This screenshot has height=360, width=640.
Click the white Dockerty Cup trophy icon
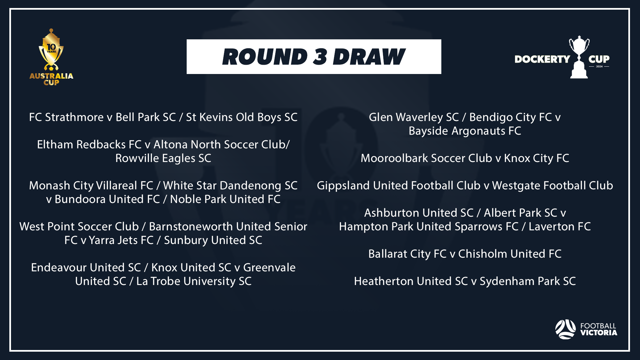(579, 57)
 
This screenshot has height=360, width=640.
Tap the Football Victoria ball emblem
(565, 329)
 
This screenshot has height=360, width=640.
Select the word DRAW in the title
(369, 57)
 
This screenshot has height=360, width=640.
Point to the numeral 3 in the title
(320, 57)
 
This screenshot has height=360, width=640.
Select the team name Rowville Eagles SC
(163, 158)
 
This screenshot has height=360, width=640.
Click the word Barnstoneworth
(191, 227)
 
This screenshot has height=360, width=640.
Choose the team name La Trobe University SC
(194, 281)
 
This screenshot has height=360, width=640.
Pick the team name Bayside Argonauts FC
(465, 131)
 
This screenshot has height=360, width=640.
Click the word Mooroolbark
(393, 158)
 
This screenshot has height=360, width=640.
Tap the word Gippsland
(343, 186)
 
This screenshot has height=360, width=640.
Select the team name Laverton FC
(560, 227)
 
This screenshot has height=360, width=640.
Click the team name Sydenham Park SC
(528, 281)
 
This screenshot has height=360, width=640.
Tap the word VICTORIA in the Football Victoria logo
(599, 333)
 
